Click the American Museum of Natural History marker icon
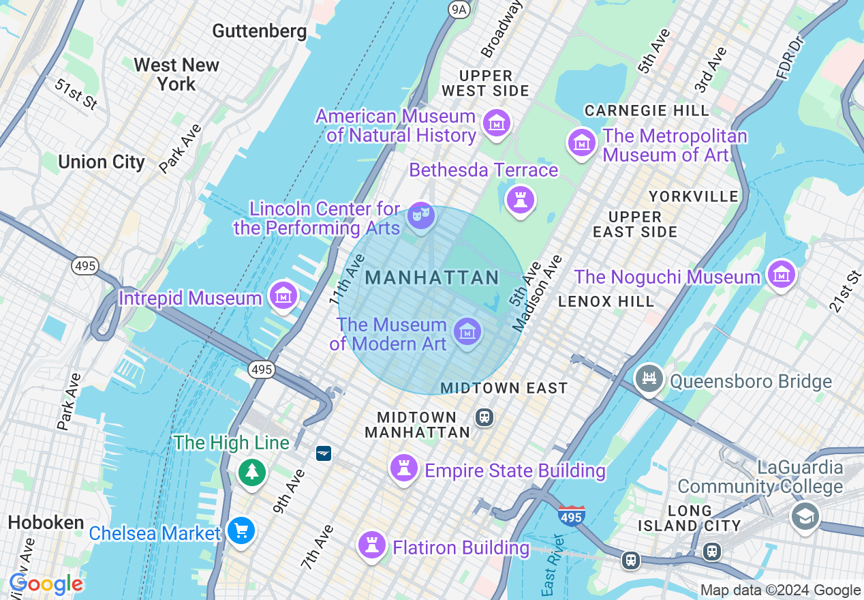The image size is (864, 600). pos(497,124)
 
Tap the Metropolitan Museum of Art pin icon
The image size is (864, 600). pos(582,143)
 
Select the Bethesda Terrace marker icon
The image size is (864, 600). pos(521,200)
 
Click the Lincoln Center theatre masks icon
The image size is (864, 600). pos(421,216)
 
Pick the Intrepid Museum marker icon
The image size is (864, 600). pos(282,296)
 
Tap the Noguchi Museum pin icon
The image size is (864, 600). pos(781,275)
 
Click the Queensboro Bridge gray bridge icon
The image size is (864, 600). pos(649,379)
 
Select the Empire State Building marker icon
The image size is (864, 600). pos(403,468)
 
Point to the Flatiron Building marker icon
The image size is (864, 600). pos(372,545)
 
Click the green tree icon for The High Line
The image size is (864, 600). pos(252,472)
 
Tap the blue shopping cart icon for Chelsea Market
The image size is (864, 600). pos(241,530)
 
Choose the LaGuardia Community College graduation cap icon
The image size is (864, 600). pos(805,515)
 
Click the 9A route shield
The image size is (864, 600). pos(459,9)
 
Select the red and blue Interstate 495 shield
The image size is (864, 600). pos(571,516)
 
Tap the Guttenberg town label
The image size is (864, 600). pos(260,31)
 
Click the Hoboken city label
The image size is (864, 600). pos(46,522)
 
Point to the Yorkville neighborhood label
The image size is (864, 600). pos(694,196)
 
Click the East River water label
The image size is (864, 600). pos(553,565)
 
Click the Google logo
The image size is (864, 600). pos(46,584)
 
